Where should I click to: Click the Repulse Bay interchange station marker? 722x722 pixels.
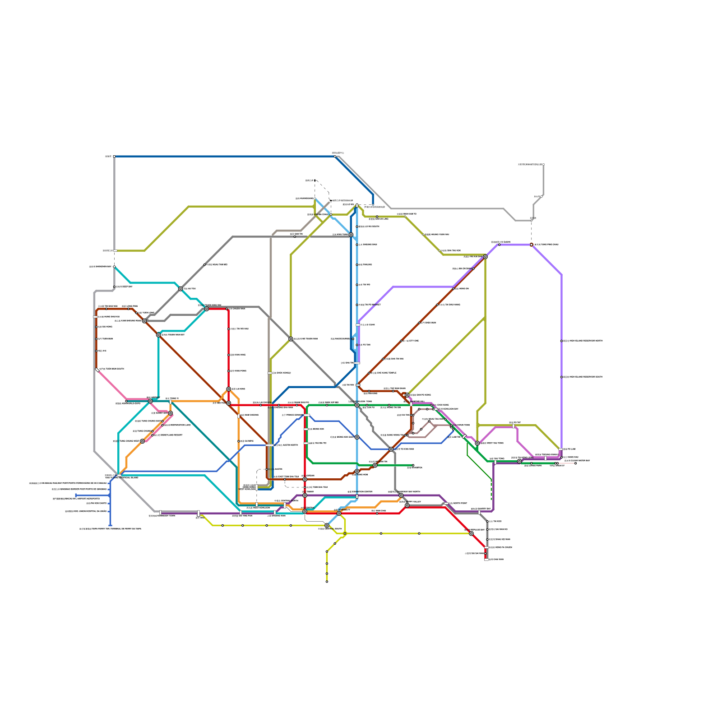[471, 533]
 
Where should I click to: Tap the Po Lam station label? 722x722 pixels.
[570, 449]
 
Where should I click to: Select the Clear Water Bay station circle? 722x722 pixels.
[575, 463]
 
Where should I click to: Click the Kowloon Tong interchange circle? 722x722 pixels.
[357, 405]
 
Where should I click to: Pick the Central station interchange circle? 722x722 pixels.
[305, 511]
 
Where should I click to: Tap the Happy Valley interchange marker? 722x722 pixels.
[407, 505]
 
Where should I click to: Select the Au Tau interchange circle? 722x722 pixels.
[180, 289]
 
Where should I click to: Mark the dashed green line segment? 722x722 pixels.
[491, 490]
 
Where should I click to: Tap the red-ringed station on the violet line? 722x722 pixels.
[532, 245]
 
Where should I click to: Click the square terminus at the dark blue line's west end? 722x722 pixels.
[114, 157]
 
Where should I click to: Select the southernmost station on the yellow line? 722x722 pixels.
[327, 582]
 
